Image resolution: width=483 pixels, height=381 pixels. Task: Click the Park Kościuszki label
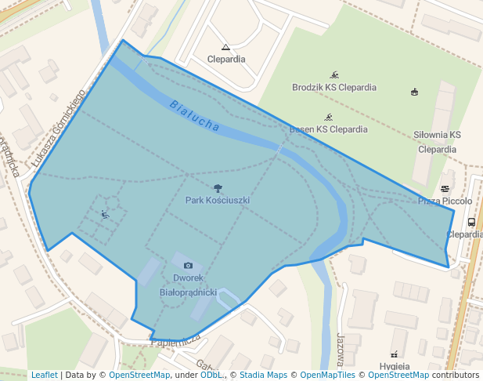coord(217,201)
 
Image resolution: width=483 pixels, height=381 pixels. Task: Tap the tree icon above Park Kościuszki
coord(217,188)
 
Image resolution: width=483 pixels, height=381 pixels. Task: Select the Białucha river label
coord(193,114)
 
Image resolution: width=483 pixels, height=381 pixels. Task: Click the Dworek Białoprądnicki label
coord(188,285)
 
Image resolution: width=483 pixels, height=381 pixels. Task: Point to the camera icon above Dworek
coord(188,266)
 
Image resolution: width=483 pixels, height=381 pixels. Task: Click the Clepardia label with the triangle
coord(225,59)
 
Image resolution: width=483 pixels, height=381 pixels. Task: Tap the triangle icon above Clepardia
coord(225,47)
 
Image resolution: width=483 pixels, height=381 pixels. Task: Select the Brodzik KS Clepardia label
coord(330,87)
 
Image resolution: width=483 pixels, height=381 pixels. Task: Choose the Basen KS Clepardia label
coord(328,129)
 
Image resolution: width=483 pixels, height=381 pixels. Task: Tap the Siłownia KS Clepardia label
coord(437,142)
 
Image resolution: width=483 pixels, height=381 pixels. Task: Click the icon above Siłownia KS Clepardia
coord(414,93)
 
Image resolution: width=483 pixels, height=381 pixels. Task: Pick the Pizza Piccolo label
coord(445,201)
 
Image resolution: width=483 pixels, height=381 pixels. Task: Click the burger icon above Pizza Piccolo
coord(445,189)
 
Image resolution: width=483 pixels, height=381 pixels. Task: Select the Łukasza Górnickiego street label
coord(58,128)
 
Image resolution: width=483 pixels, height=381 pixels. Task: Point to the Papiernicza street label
coord(175,340)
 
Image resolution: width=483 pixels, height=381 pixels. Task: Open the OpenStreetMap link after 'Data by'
coord(139,375)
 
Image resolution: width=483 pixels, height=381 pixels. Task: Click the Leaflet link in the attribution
coord(44,375)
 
